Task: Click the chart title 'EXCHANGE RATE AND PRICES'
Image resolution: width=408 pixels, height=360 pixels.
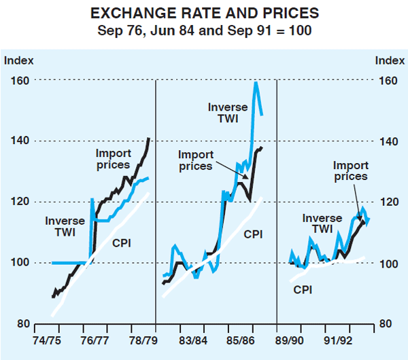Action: [x=204, y=14]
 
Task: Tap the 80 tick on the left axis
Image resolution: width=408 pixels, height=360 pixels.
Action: [x=20, y=324]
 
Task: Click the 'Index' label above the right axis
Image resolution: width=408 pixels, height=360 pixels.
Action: [x=389, y=60]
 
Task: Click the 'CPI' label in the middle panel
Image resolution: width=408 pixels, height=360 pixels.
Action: [x=253, y=234]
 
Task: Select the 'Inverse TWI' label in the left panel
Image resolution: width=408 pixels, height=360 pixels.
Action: [x=65, y=227]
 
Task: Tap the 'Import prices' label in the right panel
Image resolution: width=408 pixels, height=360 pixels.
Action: [x=350, y=171]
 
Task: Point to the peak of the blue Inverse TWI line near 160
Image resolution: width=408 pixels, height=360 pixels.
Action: [x=256, y=83]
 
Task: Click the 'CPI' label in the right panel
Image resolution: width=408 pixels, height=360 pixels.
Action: [x=303, y=289]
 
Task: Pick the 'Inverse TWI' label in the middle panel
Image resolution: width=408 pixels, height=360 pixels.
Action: [x=228, y=113]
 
